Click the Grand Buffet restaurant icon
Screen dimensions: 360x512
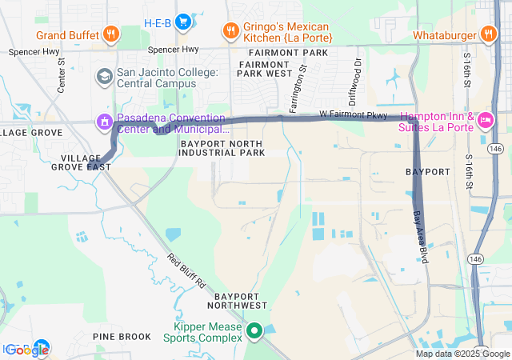pyautogui.click(x=111, y=34)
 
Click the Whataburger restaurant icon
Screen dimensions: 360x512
pyautogui.click(x=487, y=34)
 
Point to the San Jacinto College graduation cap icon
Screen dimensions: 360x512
pyautogui.click(x=104, y=76)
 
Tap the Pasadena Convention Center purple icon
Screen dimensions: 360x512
pyautogui.click(x=103, y=122)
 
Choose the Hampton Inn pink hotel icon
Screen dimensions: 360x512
pyautogui.click(x=486, y=121)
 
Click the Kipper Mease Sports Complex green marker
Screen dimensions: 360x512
pyautogui.click(x=254, y=330)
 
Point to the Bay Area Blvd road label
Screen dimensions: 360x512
pyautogui.click(x=419, y=235)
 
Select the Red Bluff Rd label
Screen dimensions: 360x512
pyautogui.click(x=186, y=271)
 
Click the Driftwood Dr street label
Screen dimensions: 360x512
pyautogui.click(x=358, y=73)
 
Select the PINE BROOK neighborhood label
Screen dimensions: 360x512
pyautogui.click(x=122, y=337)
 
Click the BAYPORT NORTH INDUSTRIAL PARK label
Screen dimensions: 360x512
pyautogui.click(x=222, y=148)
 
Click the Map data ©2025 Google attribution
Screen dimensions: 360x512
pyautogui.click(x=462, y=354)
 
